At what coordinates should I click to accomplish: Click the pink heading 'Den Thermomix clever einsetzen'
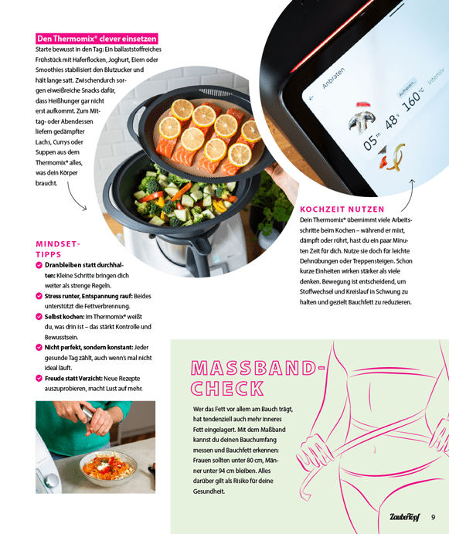click(x=97, y=39)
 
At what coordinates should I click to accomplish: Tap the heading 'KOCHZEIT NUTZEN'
click(x=342, y=209)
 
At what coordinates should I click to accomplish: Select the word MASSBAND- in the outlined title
click(x=258, y=368)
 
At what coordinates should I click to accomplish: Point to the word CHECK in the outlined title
click(x=227, y=388)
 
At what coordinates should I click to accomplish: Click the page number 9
click(x=433, y=517)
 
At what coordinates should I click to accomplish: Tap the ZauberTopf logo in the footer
click(x=404, y=517)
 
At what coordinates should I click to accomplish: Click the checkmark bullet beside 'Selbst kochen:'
click(x=39, y=316)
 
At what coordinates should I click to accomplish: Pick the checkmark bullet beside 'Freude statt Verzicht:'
click(x=39, y=378)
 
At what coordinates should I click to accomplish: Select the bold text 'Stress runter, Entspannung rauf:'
click(x=89, y=296)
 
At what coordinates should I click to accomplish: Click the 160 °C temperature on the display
click(x=413, y=97)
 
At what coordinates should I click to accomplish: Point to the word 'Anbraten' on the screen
click(x=334, y=78)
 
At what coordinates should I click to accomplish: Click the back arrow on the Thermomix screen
click(x=311, y=98)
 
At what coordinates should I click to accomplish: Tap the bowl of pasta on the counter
click(x=108, y=468)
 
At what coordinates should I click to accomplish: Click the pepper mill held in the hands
click(x=87, y=413)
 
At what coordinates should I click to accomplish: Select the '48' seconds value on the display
click(x=392, y=121)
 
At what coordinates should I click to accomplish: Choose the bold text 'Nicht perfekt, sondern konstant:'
click(x=89, y=348)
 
